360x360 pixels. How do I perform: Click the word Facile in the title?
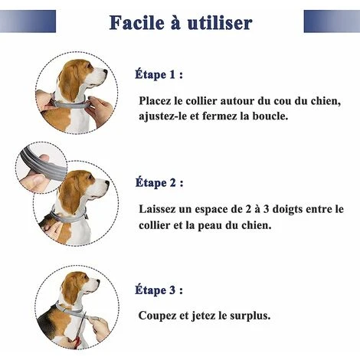137,22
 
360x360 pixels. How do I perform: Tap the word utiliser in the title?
220,22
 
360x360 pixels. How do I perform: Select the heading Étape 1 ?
159,74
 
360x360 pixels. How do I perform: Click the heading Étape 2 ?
159,182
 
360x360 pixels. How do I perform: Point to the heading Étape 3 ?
159,290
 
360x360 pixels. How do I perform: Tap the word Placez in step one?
155,101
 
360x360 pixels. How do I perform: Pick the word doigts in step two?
287,210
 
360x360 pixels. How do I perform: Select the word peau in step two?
210,226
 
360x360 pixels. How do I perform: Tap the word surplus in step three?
250,316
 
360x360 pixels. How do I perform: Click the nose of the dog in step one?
105,72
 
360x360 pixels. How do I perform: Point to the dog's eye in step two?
90,177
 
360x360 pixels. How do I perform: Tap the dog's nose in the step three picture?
97,282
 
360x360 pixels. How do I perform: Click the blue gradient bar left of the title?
28,21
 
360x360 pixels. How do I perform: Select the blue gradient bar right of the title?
332,21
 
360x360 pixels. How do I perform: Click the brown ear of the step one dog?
68,83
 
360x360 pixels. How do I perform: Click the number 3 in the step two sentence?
266,209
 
